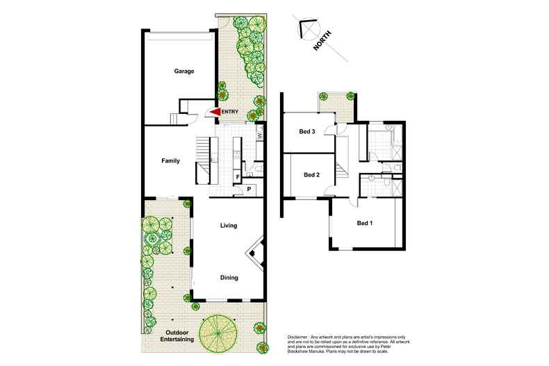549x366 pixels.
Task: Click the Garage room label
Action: (x=184, y=71)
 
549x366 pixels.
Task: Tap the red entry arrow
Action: (x=215, y=112)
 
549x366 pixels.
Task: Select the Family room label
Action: (x=171, y=161)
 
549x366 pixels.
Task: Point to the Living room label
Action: (x=229, y=226)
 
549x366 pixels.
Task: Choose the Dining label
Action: (x=229, y=278)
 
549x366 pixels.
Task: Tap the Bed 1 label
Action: (x=365, y=223)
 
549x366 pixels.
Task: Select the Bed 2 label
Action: (x=311, y=175)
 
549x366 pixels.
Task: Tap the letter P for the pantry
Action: (x=248, y=188)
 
